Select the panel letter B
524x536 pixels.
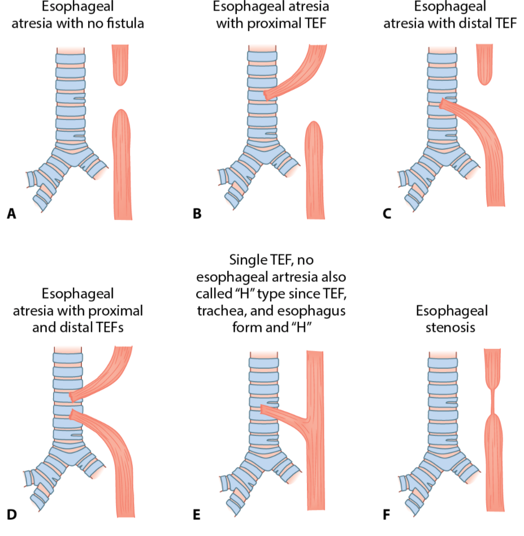point(197,214)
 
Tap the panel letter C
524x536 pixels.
point(387,214)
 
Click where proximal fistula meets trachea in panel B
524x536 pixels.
point(268,94)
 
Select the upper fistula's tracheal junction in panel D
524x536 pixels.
point(72,396)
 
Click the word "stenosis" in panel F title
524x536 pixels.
point(452,327)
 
